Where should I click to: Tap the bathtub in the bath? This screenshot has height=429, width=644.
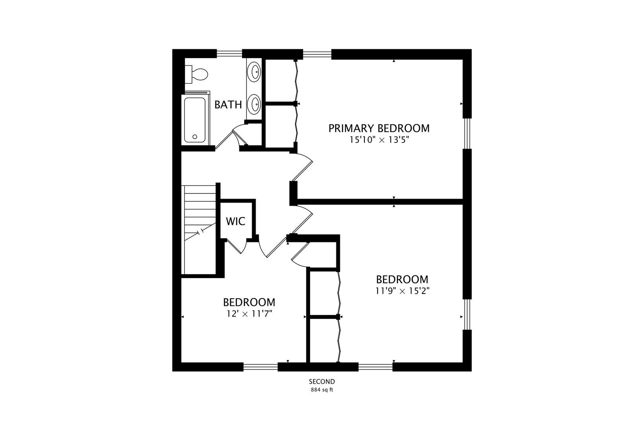click(x=195, y=120)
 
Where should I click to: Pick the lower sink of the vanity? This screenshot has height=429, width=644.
click(x=254, y=104)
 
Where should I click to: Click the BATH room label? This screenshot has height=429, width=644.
click(x=228, y=105)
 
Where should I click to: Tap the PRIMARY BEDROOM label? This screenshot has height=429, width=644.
click(x=379, y=128)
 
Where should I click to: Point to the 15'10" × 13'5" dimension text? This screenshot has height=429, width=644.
click(x=379, y=140)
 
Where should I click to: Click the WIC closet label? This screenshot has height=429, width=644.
click(x=235, y=221)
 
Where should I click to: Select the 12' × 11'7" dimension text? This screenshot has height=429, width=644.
click(x=249, y=314)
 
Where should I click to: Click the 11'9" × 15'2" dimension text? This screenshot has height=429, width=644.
click(x=402, y=291)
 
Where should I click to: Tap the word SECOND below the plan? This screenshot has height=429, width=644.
click(x=322, y=382)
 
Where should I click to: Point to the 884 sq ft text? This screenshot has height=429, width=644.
click(x=322, y=390)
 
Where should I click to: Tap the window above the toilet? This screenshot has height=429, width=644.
click(x=229, y=54)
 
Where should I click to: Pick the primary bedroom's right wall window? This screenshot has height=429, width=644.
click(x=467, y=133)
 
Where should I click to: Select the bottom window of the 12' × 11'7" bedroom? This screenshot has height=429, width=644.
click(x=260, y=367)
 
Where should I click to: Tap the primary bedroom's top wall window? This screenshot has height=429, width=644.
click(x=317, y=54)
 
